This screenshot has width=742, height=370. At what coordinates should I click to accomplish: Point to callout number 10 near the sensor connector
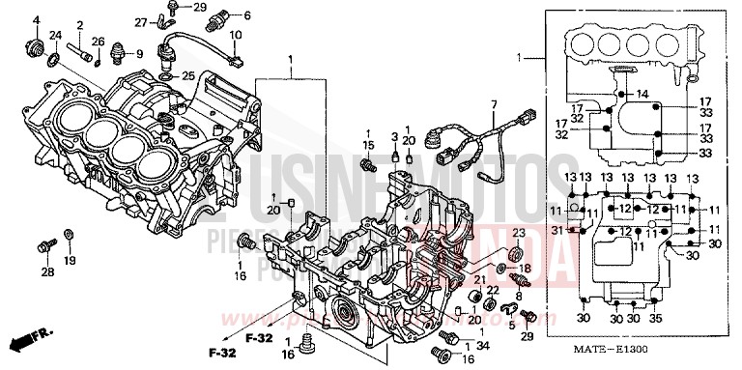pos(235,36)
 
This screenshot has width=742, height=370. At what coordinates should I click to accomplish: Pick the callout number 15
pos(367,145)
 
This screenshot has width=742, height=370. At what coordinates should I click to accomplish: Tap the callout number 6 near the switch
pos(246,15)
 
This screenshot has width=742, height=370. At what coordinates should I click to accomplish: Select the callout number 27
pos(141,21)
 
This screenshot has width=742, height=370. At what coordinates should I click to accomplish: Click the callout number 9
pos(138,53)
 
